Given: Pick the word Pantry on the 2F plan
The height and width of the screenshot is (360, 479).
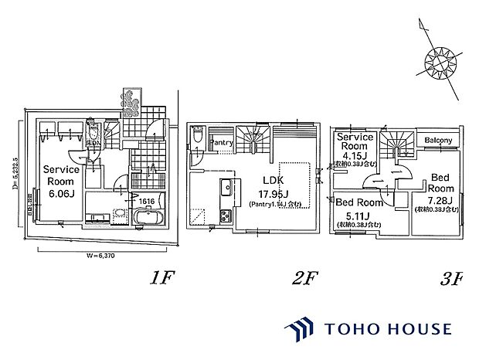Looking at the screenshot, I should coord(222,143).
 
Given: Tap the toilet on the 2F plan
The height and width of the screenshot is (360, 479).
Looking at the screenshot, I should coord(198,138).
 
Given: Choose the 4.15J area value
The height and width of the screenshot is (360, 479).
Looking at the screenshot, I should coord(356,155).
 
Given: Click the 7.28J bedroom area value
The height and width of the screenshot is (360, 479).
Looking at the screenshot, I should coord(440,199).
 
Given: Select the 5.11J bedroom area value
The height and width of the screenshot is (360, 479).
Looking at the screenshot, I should coord(356,215).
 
